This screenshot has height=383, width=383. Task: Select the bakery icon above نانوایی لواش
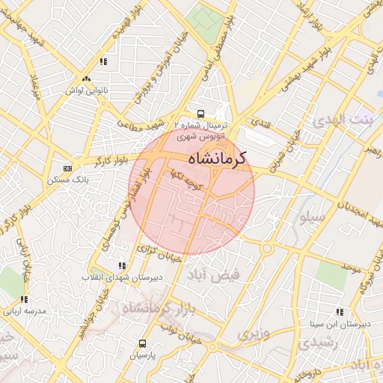click(86, 79)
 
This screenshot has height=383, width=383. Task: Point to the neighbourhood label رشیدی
click(317, 343)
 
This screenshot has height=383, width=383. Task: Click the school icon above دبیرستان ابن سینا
click(340, 312)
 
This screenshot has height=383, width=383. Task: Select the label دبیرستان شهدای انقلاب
click(122, 278)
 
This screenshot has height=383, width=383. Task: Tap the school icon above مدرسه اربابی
click(24, 298)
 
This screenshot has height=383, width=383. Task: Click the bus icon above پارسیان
click(142, 343)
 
